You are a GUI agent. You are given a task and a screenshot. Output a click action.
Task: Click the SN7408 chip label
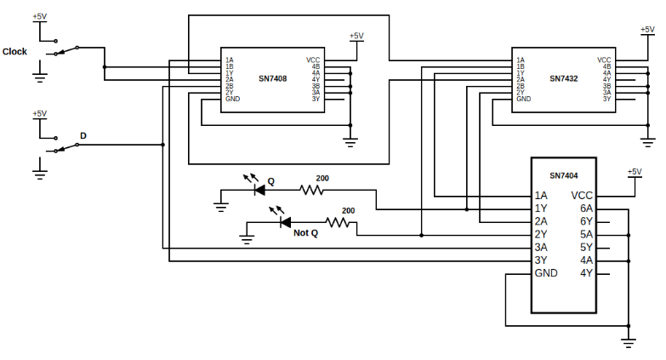click(x=272, y=77)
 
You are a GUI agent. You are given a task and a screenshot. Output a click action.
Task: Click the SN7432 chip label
click(x=563, y=77)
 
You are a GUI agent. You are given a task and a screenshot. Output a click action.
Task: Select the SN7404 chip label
click(x=563, y=176)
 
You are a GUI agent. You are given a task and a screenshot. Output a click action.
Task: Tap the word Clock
click(x=15, y=51)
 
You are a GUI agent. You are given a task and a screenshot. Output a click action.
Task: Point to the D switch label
click(x=83, y=135)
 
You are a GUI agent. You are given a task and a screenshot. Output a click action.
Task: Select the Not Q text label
click(x=305, y=233)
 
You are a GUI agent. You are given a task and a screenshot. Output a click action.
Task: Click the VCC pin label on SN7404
click(x=582, y=195)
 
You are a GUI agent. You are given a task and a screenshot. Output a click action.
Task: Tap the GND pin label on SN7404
click(x=546, y=273)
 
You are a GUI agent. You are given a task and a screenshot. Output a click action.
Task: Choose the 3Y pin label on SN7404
click(x=540, y=260)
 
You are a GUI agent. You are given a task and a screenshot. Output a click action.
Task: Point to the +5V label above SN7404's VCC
click(x=634, y=171)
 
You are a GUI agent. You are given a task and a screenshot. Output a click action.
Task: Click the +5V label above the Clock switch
click(x=39, y=16)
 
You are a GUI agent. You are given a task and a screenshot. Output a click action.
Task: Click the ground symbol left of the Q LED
click(x=221, y=204)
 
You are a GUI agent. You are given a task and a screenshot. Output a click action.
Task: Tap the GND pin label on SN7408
click(x=232, y=99)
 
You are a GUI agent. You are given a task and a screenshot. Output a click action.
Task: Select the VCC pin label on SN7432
click(x=604, y=60)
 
